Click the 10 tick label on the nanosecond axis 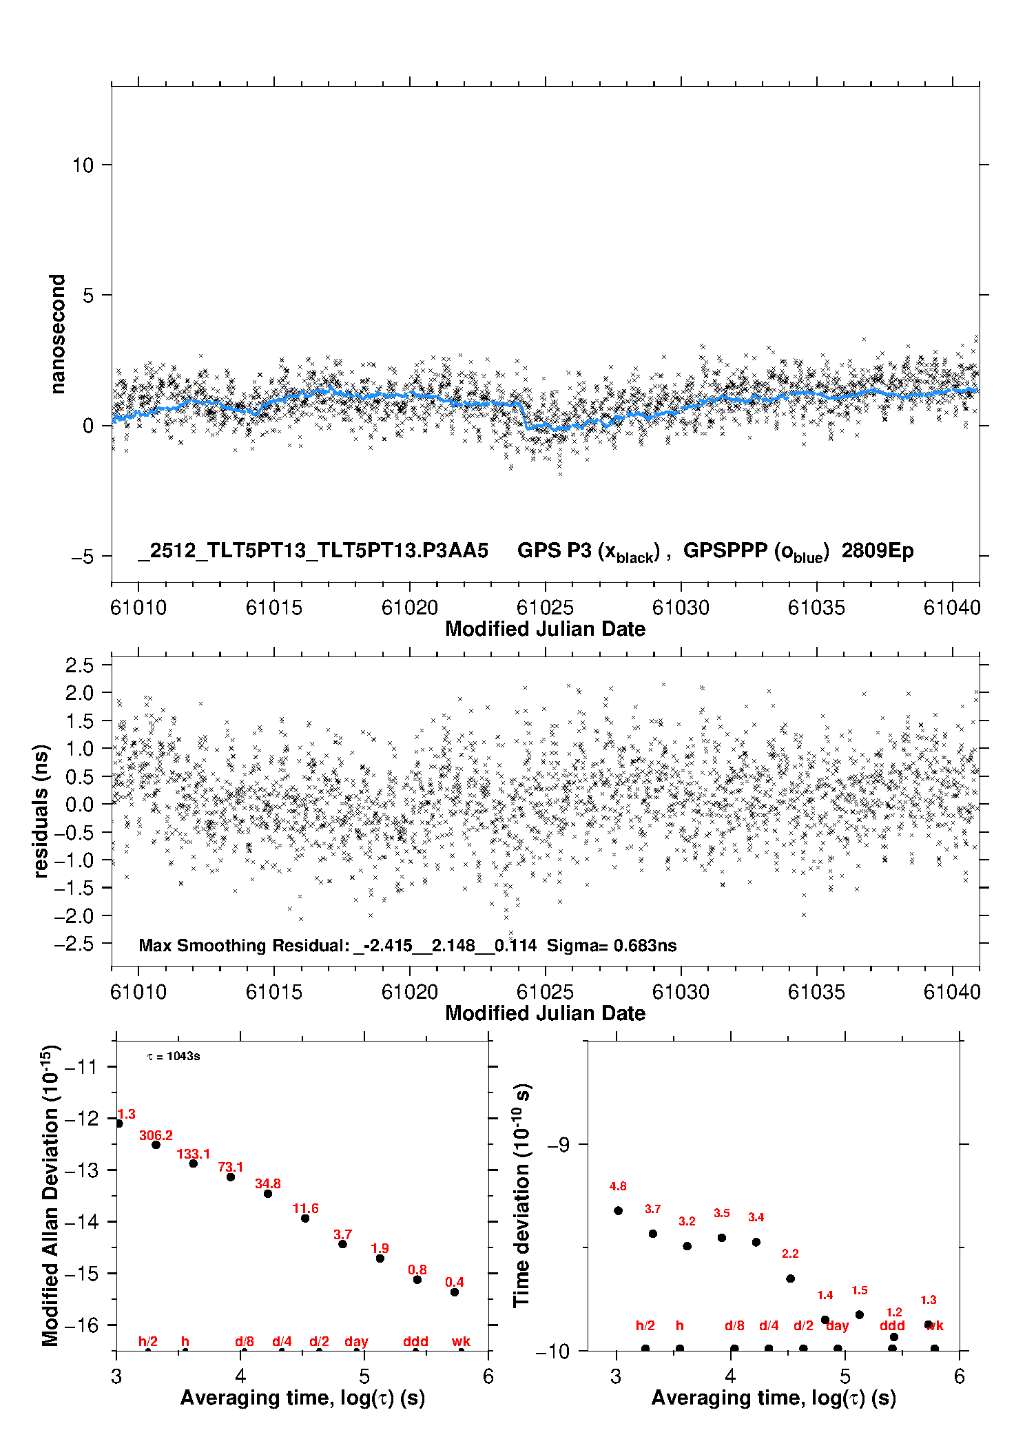[83, 165]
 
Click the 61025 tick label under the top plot [545, 608]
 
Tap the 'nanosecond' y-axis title [58, 334]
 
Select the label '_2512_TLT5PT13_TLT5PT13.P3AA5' [313, 551]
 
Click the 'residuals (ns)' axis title [41, 811]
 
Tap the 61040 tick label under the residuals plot [952, 992]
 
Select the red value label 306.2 [156, 1135]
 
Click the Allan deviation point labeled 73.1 [231, 1177]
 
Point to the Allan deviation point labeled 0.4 [455, 1292]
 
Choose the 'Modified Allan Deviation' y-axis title [50, 1195]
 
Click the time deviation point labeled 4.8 [618, 1210]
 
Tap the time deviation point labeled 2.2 [790, 1278]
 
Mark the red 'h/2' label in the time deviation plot [645, 1325]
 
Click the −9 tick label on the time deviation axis [558, 1144]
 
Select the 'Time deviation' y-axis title [521, 1195]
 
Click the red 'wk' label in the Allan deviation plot [461, 1341]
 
